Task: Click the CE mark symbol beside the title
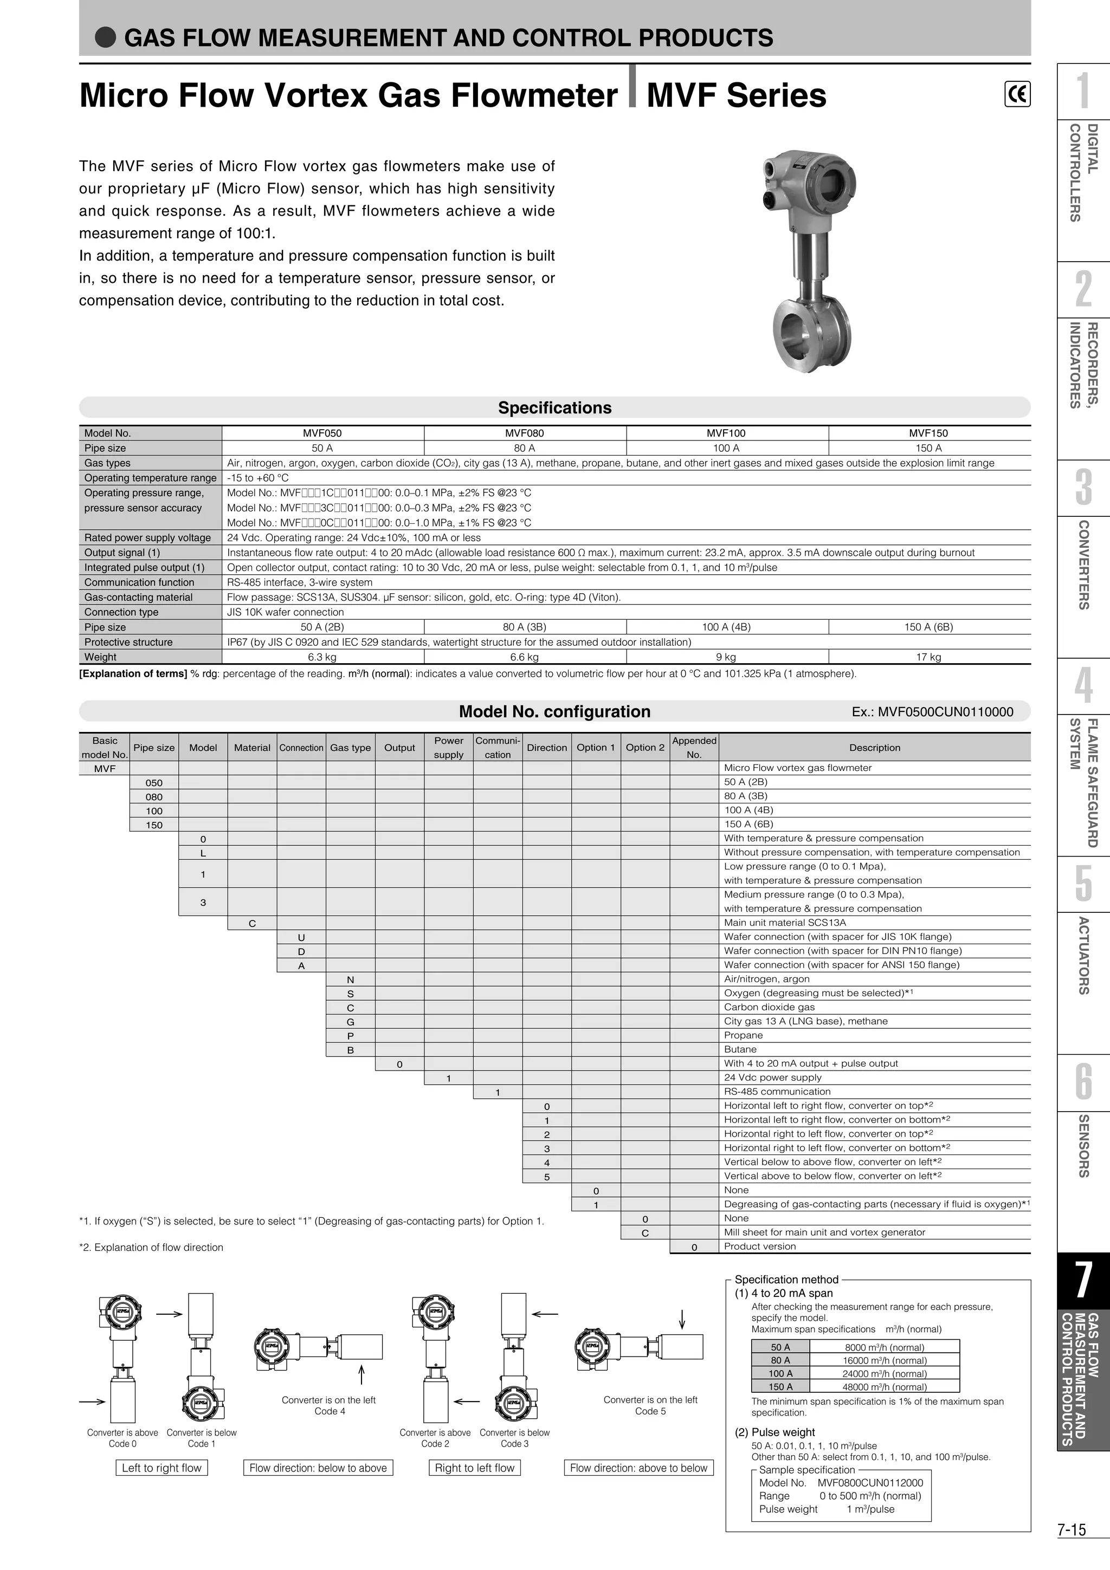tap(1017, 94)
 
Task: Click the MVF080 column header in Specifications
tap(525, 433)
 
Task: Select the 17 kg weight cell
tap(929, 657)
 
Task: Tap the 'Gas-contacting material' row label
tap(138, 597)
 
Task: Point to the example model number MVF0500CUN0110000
tap(932, 712)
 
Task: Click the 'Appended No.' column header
tap(694, 748)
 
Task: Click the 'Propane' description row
tap(744, 1035)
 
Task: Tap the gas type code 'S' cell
tap(350, 994)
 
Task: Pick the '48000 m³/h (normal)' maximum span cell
tap(885, 1387)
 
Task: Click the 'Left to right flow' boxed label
tap(162, 1468)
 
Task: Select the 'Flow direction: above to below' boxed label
tap(638, 1468)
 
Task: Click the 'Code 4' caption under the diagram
tap(330, 1411)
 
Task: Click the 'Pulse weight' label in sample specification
tap(788, 1509)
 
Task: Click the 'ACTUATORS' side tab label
tap(1083, 955)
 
